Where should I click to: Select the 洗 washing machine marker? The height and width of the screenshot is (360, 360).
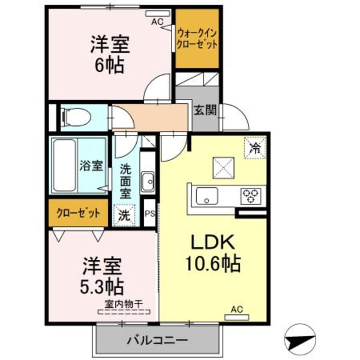(x=124, y=214)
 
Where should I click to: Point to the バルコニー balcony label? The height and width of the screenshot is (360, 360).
(x=157, y=340)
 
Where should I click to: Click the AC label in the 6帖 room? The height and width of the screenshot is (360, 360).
(x=157, y=22)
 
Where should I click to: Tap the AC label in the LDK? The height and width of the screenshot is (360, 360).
(x=237, y=310)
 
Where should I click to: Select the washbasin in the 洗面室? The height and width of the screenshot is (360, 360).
(x=148, y=181)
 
